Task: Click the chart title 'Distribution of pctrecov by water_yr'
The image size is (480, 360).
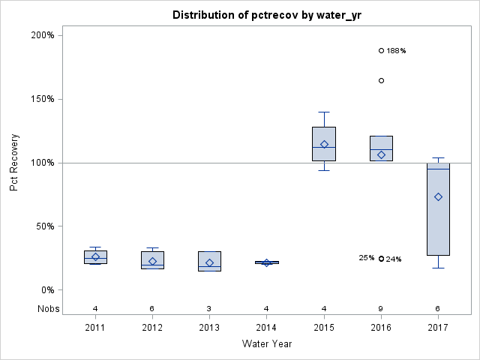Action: tap(266, 15)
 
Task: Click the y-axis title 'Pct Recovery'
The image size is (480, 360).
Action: tap(14, 163)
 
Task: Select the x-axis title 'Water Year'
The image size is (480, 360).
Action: tap(266, 344)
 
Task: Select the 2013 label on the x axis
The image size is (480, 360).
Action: tap(209, 328)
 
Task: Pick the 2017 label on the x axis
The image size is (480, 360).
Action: tap(438, 328)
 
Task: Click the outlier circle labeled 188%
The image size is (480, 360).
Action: tap(381, 50)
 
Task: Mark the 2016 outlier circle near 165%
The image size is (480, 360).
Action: tap(381, 80)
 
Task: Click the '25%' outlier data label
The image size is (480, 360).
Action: tap(367, 258)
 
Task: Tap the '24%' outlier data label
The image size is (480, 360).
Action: tap(394, 259)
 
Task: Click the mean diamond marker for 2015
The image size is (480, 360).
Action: tap(324, 144)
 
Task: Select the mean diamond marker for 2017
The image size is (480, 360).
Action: tap(438, 196)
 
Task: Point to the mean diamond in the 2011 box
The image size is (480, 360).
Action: tap(95, 256)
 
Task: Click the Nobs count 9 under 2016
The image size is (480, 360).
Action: tap(381, 308)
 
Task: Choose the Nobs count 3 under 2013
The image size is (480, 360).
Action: tap(209, 308)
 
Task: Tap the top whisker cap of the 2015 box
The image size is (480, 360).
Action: tap(324, 112)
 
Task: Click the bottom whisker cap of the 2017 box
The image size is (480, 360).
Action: tap(438, 268)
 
